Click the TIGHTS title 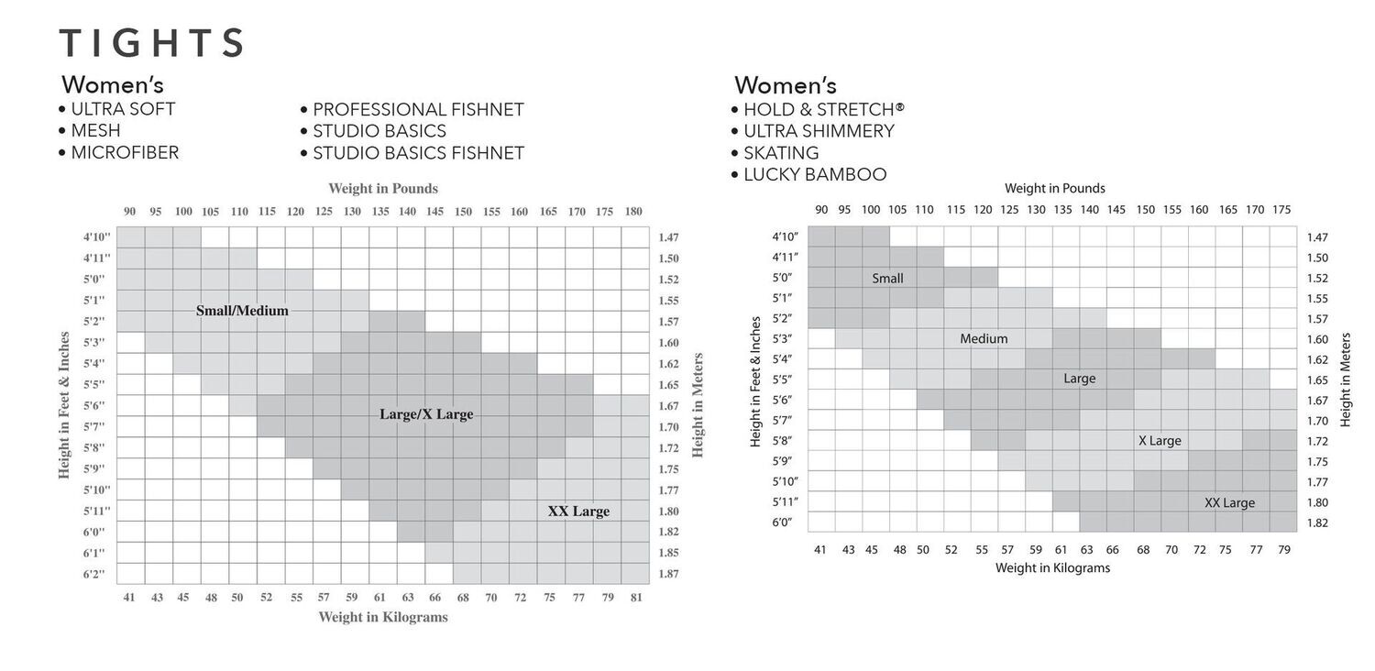coord(151,43)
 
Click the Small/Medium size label coord(242,311)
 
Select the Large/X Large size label coord(426,414)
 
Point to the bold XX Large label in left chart coord(578,511)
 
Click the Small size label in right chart coord(887,279)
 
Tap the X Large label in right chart coord(1160,441)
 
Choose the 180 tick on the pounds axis coord(633,212)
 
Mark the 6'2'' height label coord(94,575)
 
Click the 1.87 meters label coord(668,575)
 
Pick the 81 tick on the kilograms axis coord(635,598)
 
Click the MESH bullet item coord(95,131)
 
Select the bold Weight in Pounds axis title coord(383,189)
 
